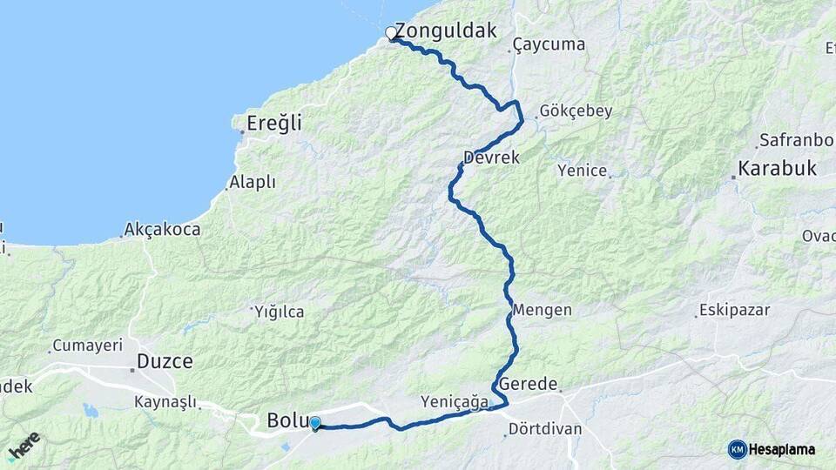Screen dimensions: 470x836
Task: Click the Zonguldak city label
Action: [446, 31]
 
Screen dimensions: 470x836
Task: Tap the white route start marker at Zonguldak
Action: [391, 33]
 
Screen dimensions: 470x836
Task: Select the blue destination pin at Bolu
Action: [314, 423]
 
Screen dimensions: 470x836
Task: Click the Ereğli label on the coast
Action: [273, 124]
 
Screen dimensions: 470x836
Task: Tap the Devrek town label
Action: [491, 158]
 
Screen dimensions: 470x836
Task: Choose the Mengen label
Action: [543, 310]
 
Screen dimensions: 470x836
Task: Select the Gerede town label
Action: [528, 384]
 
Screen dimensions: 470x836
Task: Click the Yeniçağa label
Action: [455, 401]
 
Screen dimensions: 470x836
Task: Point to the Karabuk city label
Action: [777, 168]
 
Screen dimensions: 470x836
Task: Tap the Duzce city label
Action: [165, 361]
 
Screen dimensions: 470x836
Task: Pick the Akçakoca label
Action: [162, 230]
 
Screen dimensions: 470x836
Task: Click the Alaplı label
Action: [252, 183]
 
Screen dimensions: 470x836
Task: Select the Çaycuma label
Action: [549, 44]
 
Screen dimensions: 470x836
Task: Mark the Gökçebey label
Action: [576, 111]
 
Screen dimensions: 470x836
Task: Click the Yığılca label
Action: [278, 310]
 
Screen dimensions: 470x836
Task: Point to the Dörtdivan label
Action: [544, 429]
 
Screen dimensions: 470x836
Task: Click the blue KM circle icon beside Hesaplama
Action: [737, 449]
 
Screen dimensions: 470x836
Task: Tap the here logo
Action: [24, 446]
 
